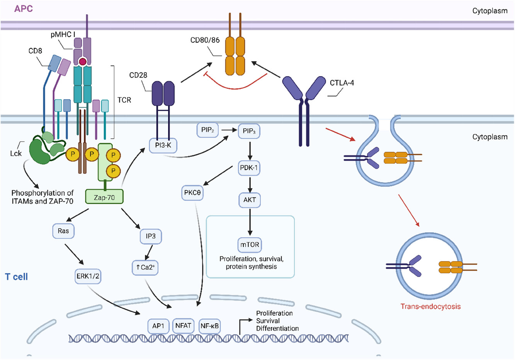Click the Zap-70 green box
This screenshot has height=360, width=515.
point(104,197)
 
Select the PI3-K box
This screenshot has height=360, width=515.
point(163,146)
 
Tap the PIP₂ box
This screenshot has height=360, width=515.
point(207,130)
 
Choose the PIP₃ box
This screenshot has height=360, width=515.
point(249,131)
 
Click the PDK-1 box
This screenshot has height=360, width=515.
point(249,168)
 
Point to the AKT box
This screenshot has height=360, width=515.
point(250,200)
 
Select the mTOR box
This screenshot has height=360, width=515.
point(250,245)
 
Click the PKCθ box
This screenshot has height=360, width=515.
point(192,193)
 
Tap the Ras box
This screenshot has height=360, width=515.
point(63,231)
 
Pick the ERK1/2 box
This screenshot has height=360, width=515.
point(88,276)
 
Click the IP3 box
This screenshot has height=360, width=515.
point(151,236)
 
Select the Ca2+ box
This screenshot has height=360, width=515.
point(145,268)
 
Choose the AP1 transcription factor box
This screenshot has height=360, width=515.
point(158,326)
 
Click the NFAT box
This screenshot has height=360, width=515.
point(183,326)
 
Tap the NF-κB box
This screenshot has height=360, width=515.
point(209,326)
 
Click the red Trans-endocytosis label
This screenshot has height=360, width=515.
point(431,306)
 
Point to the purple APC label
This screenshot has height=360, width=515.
point(24,9)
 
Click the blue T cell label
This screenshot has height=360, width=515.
point(16,277)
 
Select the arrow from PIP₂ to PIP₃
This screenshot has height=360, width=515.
point(229,130)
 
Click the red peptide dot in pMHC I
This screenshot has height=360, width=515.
point(83,61)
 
